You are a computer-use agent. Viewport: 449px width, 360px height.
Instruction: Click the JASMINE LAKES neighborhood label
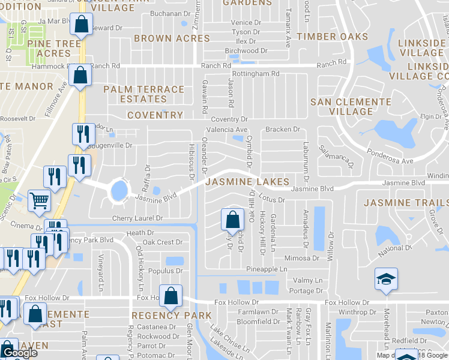(x=247, y=181)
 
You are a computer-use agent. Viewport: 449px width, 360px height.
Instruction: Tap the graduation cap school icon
(x=385, y=279)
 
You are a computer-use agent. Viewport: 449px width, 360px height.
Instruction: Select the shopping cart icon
(x=39, y=201)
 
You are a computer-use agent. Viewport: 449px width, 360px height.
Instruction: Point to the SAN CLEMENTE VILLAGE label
(x=351, y=106)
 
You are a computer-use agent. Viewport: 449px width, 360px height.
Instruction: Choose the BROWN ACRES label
(x=172, y=38)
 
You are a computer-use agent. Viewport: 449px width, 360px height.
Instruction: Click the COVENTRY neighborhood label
(x=155, y=115)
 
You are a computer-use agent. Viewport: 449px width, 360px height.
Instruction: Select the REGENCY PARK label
(x=171, y=316)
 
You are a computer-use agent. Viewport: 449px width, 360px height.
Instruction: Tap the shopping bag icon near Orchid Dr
(x=232, y=220)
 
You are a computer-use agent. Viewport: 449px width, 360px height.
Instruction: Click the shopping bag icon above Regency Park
(x=171, y=295)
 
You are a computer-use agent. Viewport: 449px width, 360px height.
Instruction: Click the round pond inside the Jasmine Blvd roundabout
(x=119, y=191)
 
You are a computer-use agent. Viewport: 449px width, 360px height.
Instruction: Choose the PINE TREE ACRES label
(x=58, y=49)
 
